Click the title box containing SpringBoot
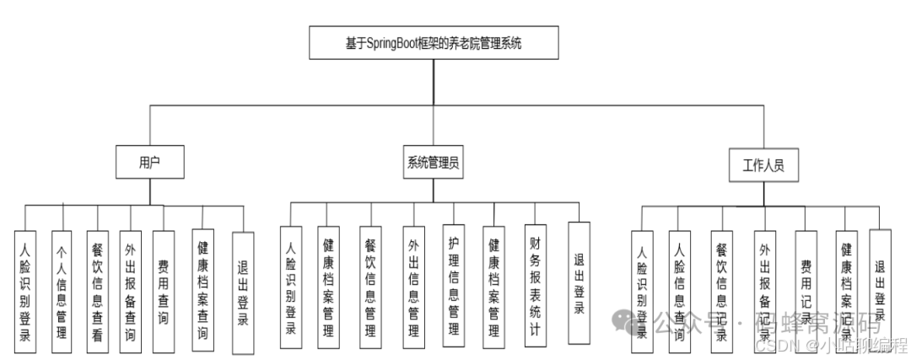[433, 43]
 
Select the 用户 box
[149, 162]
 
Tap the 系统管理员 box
[433, 164]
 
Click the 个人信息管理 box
[61, 291]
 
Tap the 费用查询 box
[163, 291]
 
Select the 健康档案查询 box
[202, 291]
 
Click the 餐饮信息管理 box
[368, 287]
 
